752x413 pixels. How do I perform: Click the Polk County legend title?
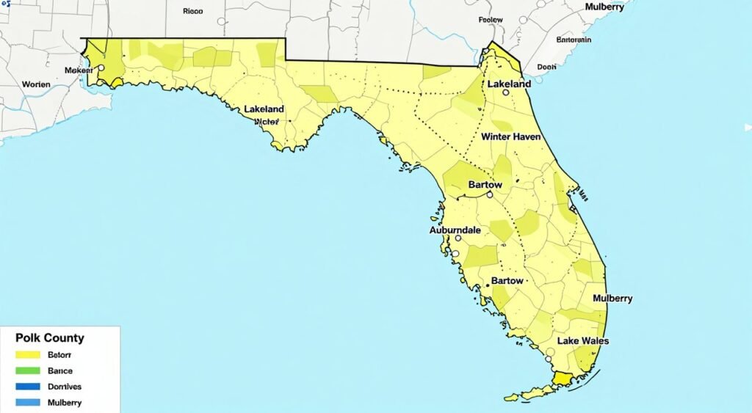pos(49,338)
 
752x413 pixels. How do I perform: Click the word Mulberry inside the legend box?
pos(65,403)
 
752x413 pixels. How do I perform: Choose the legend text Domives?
pos(65,387)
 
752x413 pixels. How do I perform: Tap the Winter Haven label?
pos(510,137)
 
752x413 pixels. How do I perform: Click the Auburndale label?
pos(454,230)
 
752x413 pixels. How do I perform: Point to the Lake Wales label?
pos(583,341)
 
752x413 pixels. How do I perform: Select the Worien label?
pos(36,84)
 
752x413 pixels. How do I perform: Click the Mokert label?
pos(79,70)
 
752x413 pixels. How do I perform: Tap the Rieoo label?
pos(192,12)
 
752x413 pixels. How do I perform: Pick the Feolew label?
pos(490,20)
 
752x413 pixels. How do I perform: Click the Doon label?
pos(546,66)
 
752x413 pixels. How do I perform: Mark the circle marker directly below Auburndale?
pos(458,238)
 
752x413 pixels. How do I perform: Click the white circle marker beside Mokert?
pos(101,67)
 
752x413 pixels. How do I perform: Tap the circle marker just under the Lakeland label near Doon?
pos(505,93)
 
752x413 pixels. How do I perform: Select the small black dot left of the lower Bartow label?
pos(487,282)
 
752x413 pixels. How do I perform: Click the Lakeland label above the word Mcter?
pos(264,109)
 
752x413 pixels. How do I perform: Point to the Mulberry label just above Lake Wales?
pos(612,299)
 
